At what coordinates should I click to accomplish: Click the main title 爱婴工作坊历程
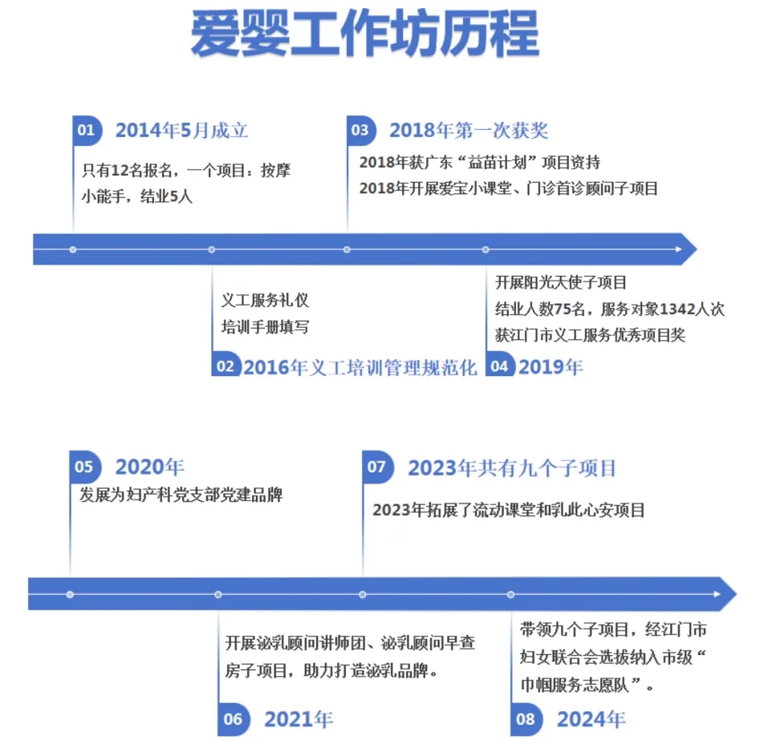point(365,34)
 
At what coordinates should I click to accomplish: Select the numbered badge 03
point(361,131)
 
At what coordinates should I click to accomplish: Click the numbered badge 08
point(526,719)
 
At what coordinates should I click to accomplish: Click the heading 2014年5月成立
point(181,131)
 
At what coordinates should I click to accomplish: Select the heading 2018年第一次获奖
point(469,131)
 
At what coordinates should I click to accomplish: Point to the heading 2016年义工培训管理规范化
point(360,367)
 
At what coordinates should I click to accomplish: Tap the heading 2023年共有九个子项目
point(512,468)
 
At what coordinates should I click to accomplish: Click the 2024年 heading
point(591,719)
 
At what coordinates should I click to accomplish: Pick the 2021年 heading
point(299,719)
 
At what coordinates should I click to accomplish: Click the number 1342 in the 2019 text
point(677,309)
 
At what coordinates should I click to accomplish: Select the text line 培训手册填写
point(265,326)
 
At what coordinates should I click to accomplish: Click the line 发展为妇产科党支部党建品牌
point(181,495)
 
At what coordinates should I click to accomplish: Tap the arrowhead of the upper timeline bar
point(689,249)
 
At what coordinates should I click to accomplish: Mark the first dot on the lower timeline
point(70,594)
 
